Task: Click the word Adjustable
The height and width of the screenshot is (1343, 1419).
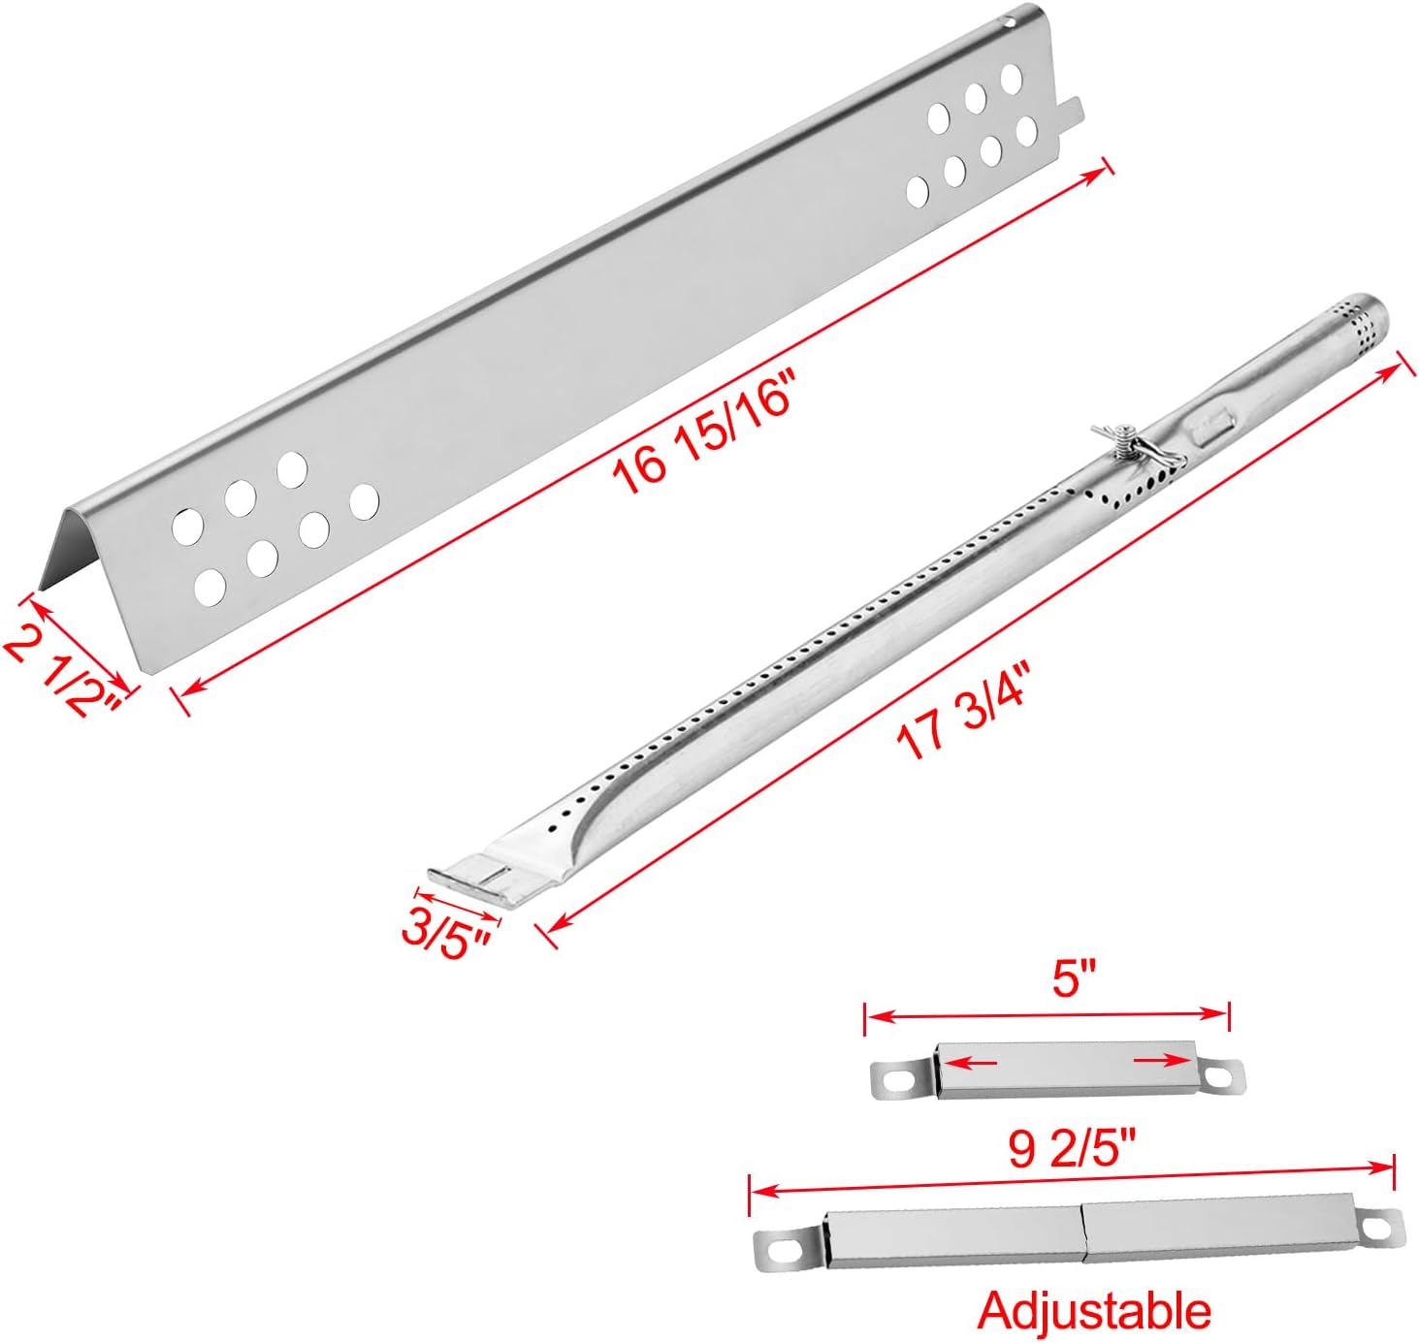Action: (x=1094, y=1310)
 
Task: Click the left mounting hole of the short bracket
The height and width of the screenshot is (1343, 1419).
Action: (x=895, y=1080)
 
